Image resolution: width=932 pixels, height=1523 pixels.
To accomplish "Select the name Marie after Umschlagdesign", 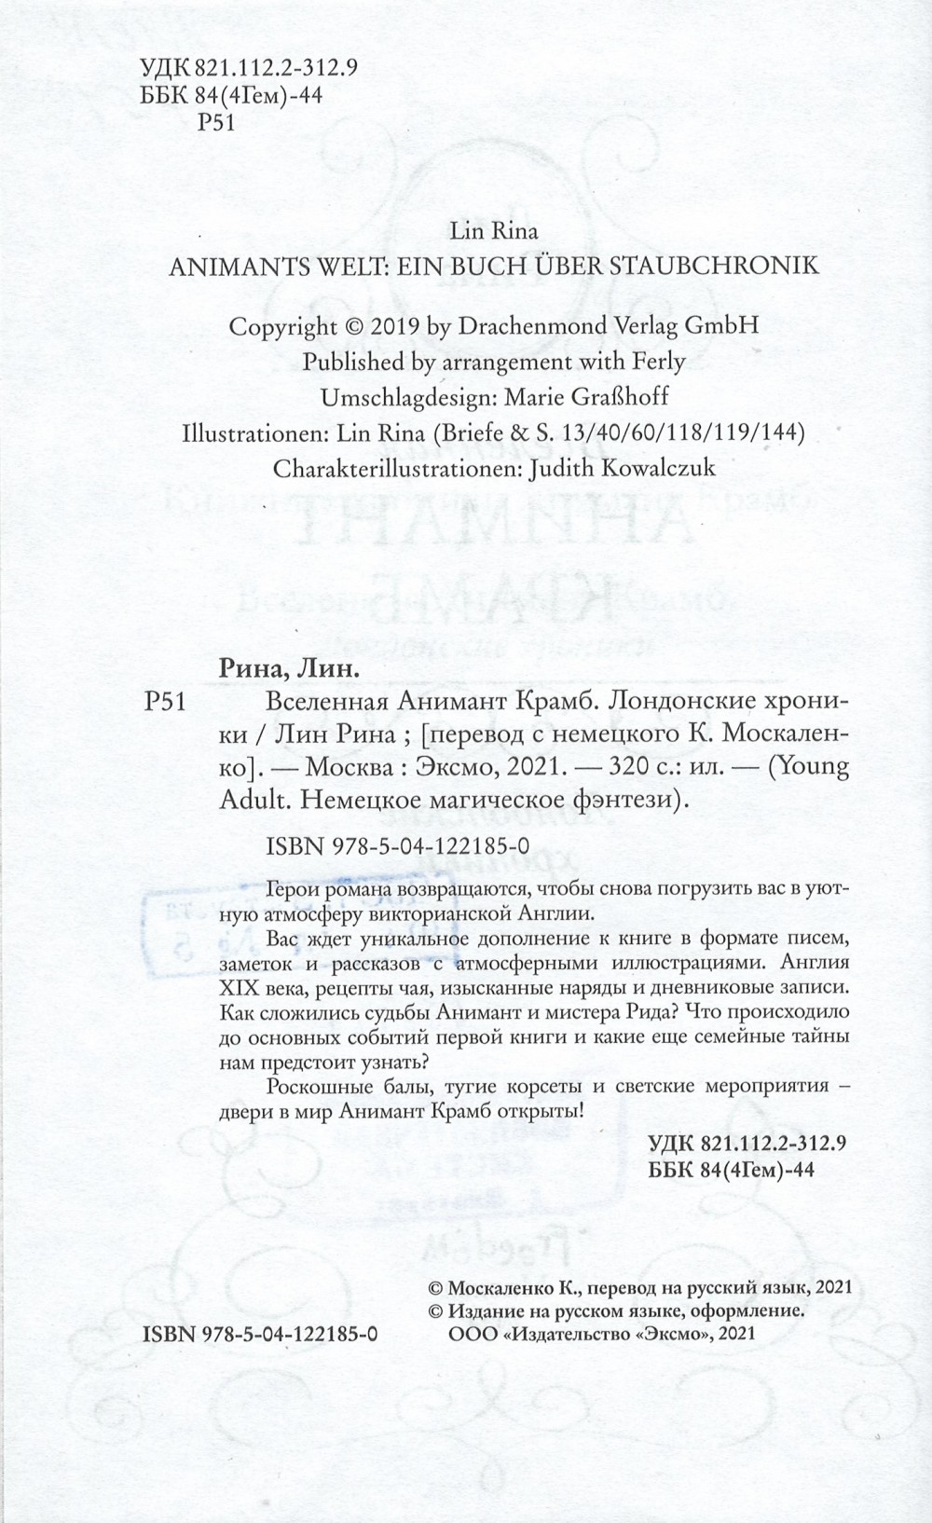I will (533, 397).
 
